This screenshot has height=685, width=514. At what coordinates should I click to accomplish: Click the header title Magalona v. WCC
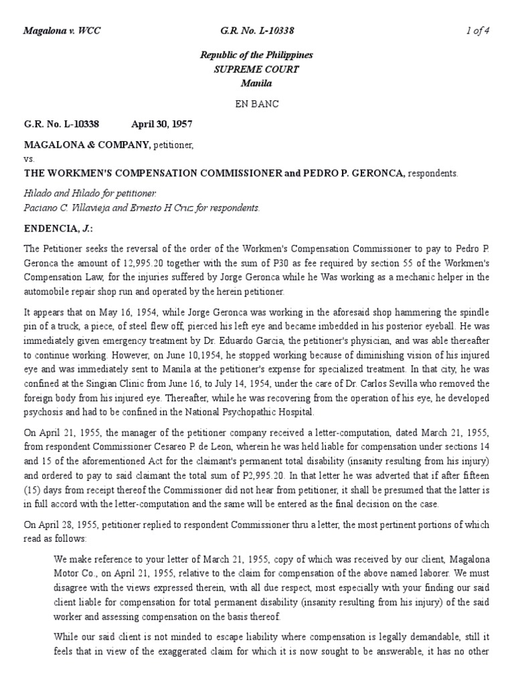62,31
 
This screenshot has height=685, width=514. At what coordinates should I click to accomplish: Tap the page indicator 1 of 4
478,31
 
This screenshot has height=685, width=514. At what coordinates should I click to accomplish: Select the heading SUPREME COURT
256,69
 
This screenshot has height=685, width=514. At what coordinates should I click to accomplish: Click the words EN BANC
256,104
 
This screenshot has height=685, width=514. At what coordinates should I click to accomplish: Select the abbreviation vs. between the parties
29,159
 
